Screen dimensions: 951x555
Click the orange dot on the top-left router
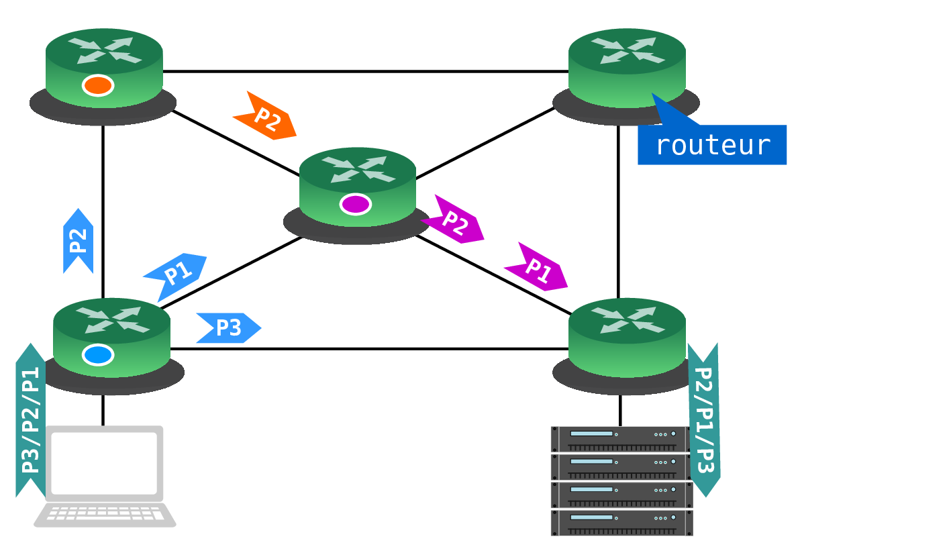click(98, 85)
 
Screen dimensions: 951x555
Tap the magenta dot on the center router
click(355, 204)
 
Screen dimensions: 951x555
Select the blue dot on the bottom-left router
click(98, 355)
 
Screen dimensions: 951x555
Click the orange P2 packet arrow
click(265, 116)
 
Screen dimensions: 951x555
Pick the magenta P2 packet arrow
click(452, 219)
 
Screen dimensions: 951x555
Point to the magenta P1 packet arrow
click(536, 267)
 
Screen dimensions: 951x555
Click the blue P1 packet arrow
click(175, 277)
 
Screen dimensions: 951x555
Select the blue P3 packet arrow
click(229, 327)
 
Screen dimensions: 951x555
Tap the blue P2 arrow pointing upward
click(78, 241)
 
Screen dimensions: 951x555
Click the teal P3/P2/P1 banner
click(31, 420)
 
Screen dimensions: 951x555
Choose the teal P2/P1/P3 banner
click(704, 420)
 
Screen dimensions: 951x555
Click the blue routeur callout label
click(712, 144)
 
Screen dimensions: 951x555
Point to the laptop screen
click(105, 463)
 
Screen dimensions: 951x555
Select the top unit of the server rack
click(621, 439)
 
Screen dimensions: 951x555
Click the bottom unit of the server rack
click(621, 523)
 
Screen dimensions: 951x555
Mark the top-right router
click(626, 77)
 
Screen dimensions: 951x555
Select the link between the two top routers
click(366, 71)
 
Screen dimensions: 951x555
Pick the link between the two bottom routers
click(369, 349)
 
